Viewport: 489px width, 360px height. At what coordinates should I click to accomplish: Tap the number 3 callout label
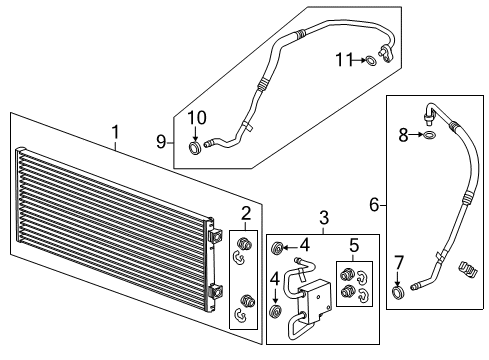coord(322,217)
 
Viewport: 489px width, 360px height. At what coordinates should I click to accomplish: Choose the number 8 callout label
coord(400,263)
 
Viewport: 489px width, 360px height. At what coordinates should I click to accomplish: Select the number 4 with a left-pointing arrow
coord(305,244)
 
